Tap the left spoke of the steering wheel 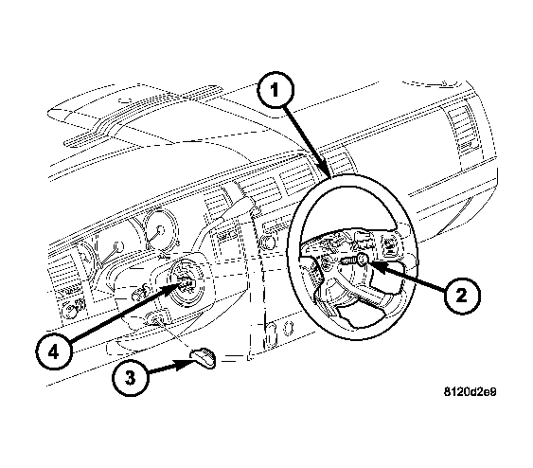point(316,254)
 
